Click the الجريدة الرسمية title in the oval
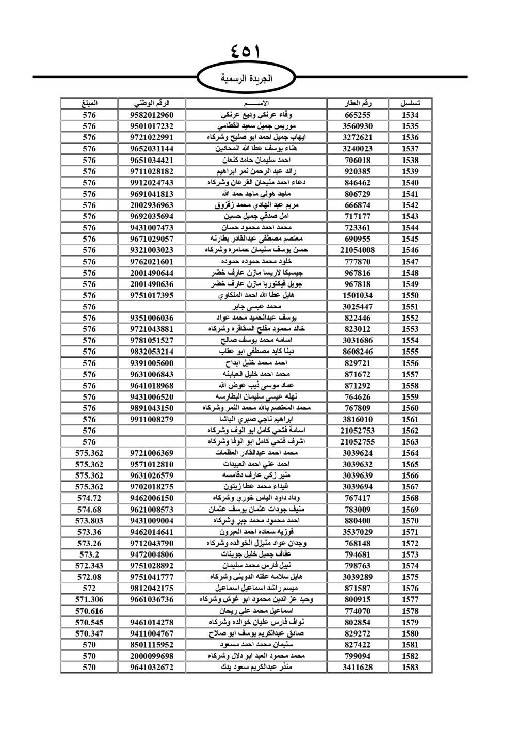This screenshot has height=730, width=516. coord(246,78)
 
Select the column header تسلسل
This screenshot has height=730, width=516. coord(410,103)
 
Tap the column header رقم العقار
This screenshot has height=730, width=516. coord(358,103)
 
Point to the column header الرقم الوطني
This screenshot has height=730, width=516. coord(152,103)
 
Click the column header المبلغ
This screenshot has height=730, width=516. coord(89,103)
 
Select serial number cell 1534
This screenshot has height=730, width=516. coord(410,115)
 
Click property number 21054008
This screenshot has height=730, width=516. coord(358,250)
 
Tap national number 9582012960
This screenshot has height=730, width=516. coord(152,115)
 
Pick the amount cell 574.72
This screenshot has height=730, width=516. coord(89,498)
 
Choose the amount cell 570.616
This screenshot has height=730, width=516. coord(89,611)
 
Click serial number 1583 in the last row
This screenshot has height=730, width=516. coord(410,667)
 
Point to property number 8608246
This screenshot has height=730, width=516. coord(358,352)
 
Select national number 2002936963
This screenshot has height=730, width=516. coord(152,205)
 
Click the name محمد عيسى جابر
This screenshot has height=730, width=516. coord(256,306)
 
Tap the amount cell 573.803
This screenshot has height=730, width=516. coord(89,520)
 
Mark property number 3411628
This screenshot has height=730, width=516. coord(358,667)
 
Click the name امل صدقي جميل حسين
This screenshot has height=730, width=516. coord(256,216)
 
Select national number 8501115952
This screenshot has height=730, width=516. coord(152,644)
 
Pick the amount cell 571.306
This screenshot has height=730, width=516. coord(89,599)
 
